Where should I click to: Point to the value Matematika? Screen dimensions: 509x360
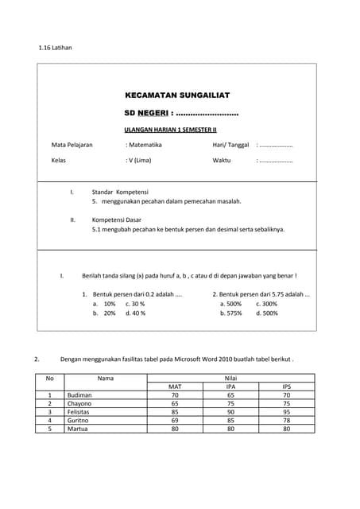145,145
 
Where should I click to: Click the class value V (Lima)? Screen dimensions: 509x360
139,160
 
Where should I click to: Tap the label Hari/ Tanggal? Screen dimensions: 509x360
230,145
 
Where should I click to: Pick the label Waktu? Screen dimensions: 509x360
222,160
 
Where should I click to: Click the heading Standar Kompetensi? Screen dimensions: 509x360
120,192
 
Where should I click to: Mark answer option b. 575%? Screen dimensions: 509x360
231,313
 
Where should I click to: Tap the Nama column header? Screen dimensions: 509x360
106,379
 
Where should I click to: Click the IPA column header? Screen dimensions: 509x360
231,387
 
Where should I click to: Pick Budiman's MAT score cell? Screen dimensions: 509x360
175,395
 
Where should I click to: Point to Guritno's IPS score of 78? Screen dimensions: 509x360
287,421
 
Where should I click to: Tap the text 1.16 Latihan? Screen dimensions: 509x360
55,49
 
